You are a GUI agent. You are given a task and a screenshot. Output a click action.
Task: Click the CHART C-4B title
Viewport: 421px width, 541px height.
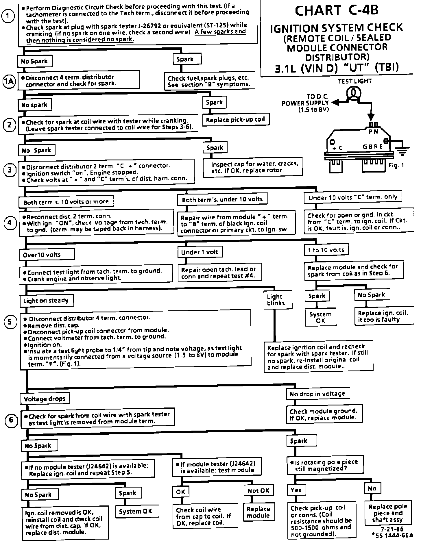tap(337, 11)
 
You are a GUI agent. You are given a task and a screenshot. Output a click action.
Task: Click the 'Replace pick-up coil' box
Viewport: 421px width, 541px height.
tap(235, 120)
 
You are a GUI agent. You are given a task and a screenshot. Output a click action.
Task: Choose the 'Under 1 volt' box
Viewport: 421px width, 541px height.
tap(200, 252)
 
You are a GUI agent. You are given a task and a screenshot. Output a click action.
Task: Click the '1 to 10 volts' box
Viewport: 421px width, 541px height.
tap(326, 250)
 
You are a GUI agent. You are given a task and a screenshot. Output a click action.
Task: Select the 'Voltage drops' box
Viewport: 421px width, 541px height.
tap(45, 399)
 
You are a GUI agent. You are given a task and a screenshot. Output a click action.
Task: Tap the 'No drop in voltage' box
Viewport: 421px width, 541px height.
tap(317, 394)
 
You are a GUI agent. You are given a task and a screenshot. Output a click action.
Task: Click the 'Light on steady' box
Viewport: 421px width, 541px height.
tap(46, 301)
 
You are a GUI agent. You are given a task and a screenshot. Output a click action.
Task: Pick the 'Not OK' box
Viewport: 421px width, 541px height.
tap(258, 490)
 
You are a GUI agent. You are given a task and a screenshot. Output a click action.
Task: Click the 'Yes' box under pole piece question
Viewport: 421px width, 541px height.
tap(296, 490)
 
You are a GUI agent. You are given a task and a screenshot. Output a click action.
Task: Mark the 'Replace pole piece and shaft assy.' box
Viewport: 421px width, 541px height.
tap(388, 513)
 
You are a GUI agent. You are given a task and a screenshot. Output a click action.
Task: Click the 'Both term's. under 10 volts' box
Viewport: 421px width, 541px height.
tap(222, 199)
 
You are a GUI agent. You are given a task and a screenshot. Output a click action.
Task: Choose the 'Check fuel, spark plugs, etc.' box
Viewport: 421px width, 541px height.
tap(208, 81)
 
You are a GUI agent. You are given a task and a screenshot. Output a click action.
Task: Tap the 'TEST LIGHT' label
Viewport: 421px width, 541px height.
tap(354, 81)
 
